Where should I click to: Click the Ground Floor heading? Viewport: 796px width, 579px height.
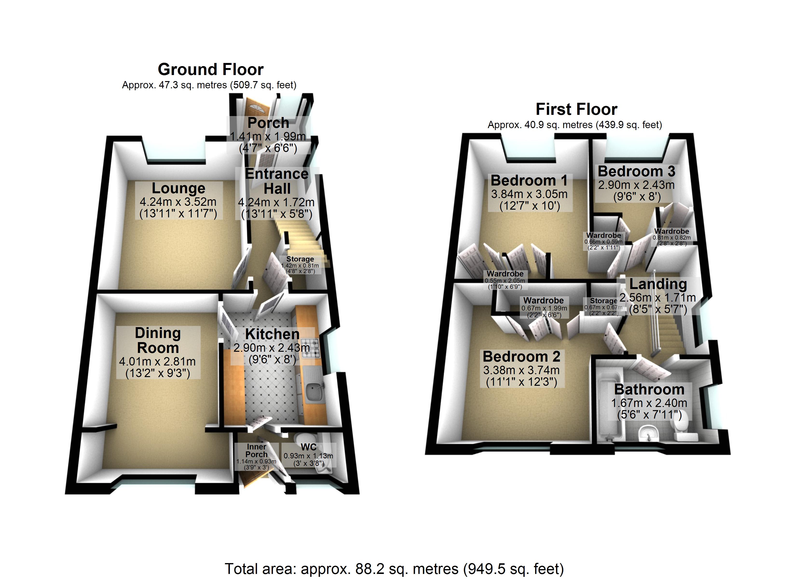(211, 69)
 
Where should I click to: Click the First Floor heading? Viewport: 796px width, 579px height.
(576, 109)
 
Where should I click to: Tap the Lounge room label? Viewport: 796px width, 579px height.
(178, 188)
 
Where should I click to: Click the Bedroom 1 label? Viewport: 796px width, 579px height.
(529, 180)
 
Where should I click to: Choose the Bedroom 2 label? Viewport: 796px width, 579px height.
(521, 356)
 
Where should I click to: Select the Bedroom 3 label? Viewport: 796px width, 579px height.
(636, 171)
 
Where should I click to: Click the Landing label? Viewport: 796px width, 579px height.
(658, 284)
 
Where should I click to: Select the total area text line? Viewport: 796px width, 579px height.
(394, 568)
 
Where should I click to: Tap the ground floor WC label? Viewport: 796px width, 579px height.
(309, 447)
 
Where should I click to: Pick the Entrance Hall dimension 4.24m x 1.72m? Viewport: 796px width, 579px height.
(276, 202)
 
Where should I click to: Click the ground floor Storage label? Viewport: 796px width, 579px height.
(300, 259)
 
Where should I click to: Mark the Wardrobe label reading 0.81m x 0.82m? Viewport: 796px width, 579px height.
(671, 231)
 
